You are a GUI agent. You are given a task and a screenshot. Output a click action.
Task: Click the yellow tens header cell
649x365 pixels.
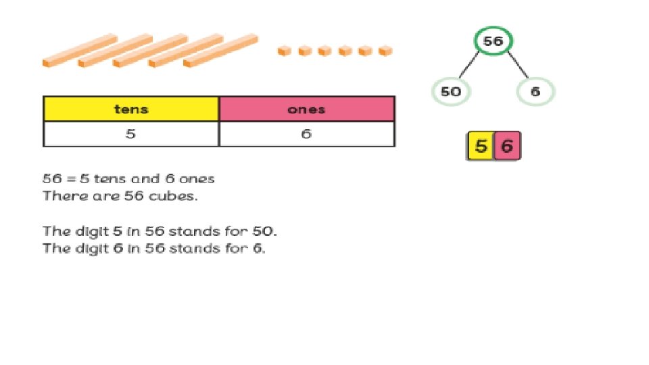131,109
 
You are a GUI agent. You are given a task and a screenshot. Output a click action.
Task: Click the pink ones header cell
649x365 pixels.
307,109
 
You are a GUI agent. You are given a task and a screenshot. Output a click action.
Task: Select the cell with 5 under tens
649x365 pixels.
131,134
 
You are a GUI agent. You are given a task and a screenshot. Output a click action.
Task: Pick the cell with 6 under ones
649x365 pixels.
307,134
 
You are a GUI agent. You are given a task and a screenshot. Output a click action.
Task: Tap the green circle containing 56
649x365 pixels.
493,42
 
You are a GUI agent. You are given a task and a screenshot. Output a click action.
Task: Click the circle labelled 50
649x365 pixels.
450,92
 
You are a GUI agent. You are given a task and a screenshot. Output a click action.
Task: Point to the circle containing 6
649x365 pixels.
535,92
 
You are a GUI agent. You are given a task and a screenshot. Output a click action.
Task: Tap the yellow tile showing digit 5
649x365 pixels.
481,147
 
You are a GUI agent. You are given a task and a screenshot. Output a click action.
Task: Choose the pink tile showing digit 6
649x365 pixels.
507,147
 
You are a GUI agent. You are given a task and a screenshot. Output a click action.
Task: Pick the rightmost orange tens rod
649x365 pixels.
220,51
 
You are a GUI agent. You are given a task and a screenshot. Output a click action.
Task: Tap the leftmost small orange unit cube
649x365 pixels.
285,51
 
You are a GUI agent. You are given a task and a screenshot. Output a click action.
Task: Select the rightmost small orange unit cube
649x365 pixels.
385,51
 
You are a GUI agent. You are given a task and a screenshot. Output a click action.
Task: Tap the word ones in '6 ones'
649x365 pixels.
197,179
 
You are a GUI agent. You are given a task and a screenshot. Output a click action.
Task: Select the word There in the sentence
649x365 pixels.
59,197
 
